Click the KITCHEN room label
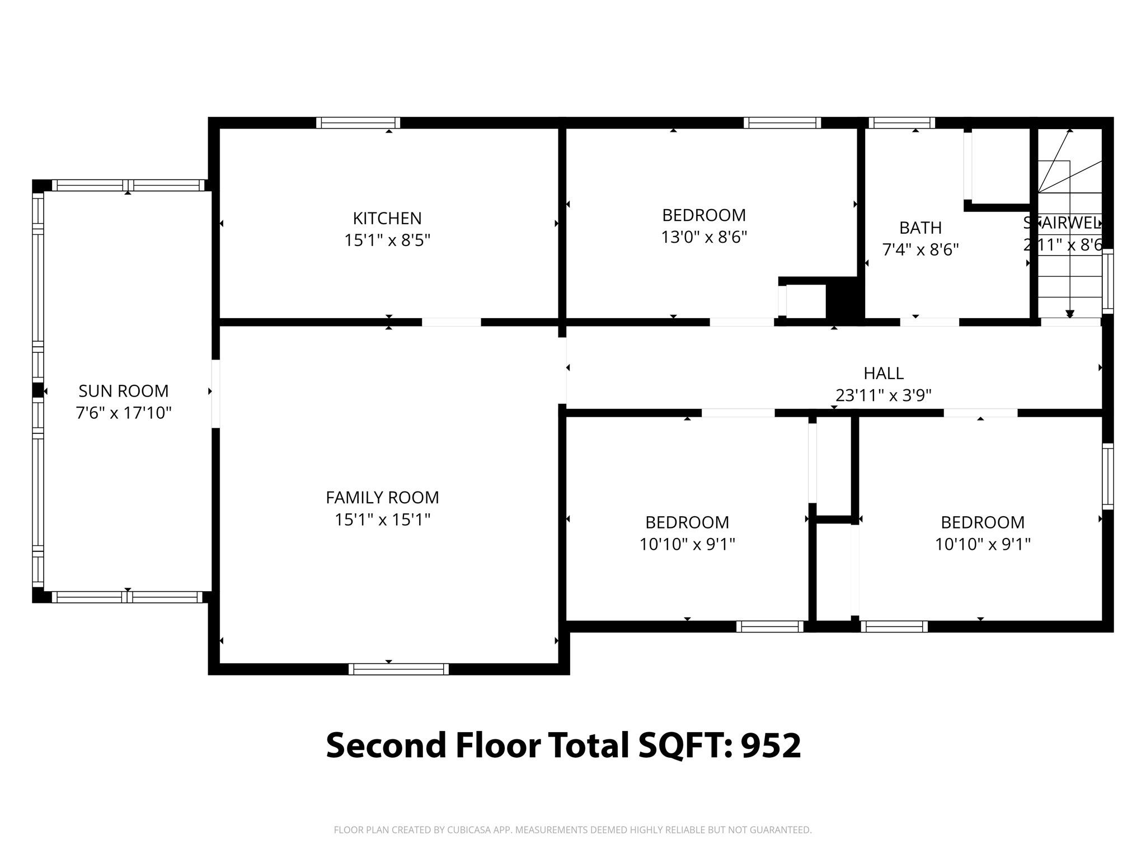tap(387, 218)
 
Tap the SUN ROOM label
tap(123, 391)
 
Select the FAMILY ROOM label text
tap(382, 497)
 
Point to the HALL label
tap(883, 373)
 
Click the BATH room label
tap(920, 228)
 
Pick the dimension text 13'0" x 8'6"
tap(704, 238)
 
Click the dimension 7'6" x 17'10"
tap(123, 413)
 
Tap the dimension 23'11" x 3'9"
tap(883, 395)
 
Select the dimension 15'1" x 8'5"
tap(387, 240)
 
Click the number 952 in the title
tap(771, 745)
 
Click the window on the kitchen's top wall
tap(358, 122)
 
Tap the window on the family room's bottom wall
tap(398, 669)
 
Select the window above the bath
tap(901, 122)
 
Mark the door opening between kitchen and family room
tap(451, 322)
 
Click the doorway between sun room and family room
tap(215, 394)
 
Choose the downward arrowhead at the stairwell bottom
tap(1070, 314)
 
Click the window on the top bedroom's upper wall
tap(782, 122)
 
